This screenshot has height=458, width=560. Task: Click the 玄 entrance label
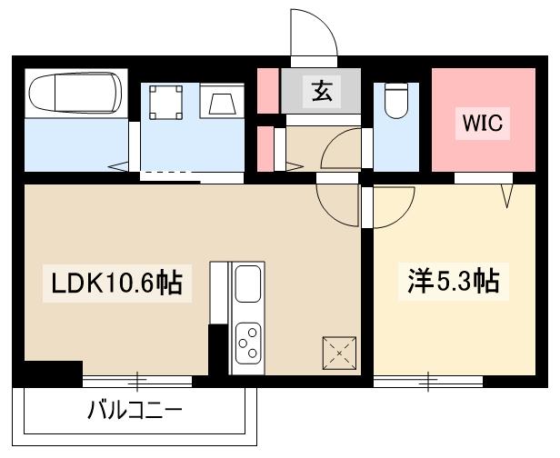tap(321, 91)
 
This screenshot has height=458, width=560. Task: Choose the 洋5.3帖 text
tap(452, 282)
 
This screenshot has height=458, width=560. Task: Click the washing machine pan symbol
tap(165, 103)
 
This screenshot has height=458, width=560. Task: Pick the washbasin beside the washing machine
tap(221, 102)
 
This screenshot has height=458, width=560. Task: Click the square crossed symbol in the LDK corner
tap(339, 352)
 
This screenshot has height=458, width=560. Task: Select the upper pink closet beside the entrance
tap(266, 88)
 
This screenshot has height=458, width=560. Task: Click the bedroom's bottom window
tap(426, 381)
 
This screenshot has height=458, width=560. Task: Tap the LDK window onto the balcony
tap(139, 381)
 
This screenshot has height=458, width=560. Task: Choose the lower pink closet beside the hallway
tap(265, 147)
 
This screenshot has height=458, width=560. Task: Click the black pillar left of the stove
tap(217, 350)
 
